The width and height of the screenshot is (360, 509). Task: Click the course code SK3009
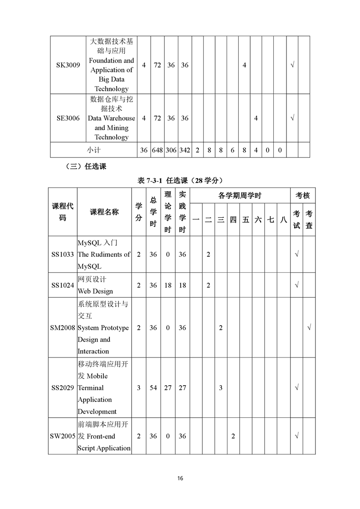[68, 65]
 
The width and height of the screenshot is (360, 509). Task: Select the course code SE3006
[68, 118]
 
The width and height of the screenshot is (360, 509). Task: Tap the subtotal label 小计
[94, 150]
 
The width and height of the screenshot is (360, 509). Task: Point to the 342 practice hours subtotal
[185, 150]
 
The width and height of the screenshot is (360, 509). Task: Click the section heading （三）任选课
[86, 166]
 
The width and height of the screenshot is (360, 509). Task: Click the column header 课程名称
[104, 212]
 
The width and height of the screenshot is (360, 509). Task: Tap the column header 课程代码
[62, 212]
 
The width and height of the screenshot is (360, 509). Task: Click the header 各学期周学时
[240, 196]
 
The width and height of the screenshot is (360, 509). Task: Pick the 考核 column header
[303, 196]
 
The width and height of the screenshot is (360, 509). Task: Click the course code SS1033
[63, 254]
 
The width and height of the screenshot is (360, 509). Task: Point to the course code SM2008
[63, 328]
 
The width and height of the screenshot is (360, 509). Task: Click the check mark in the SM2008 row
[309, 328]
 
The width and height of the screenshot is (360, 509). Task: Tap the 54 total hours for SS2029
[153, 388]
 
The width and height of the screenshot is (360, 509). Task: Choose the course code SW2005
[63, 436]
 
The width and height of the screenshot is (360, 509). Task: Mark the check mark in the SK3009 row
[292, 65]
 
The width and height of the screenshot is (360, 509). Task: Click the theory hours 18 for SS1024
[168, 285]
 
